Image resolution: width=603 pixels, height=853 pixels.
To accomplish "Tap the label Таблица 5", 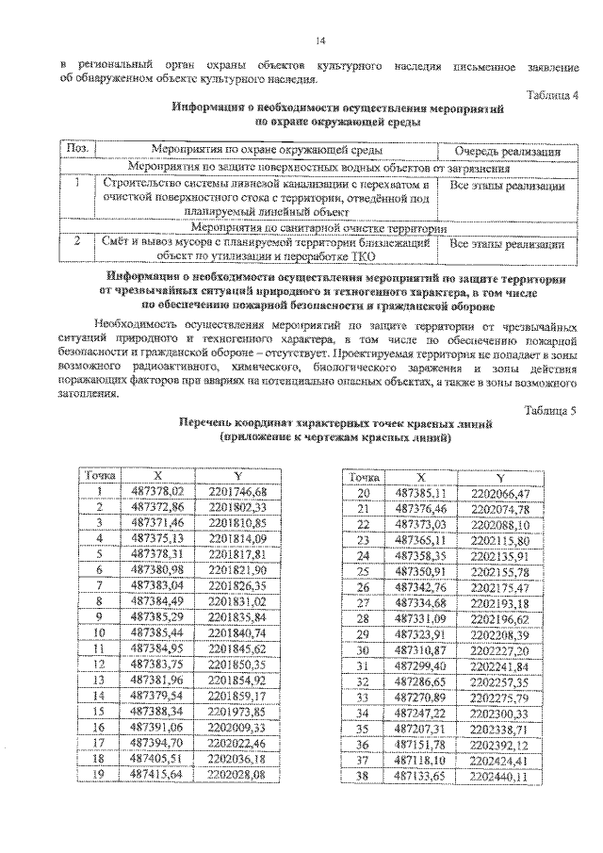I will [x=548, y=410].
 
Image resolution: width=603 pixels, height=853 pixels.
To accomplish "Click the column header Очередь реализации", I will [x=508, y=151].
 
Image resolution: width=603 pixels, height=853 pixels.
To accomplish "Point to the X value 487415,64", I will [x=157, y=776].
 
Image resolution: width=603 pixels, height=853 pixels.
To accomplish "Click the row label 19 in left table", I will [x=99, y=776].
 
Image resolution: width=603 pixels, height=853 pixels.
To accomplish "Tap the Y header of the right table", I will [x=500, y=478].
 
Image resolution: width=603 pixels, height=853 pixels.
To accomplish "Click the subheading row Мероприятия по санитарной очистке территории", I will [x=314, y=228].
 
